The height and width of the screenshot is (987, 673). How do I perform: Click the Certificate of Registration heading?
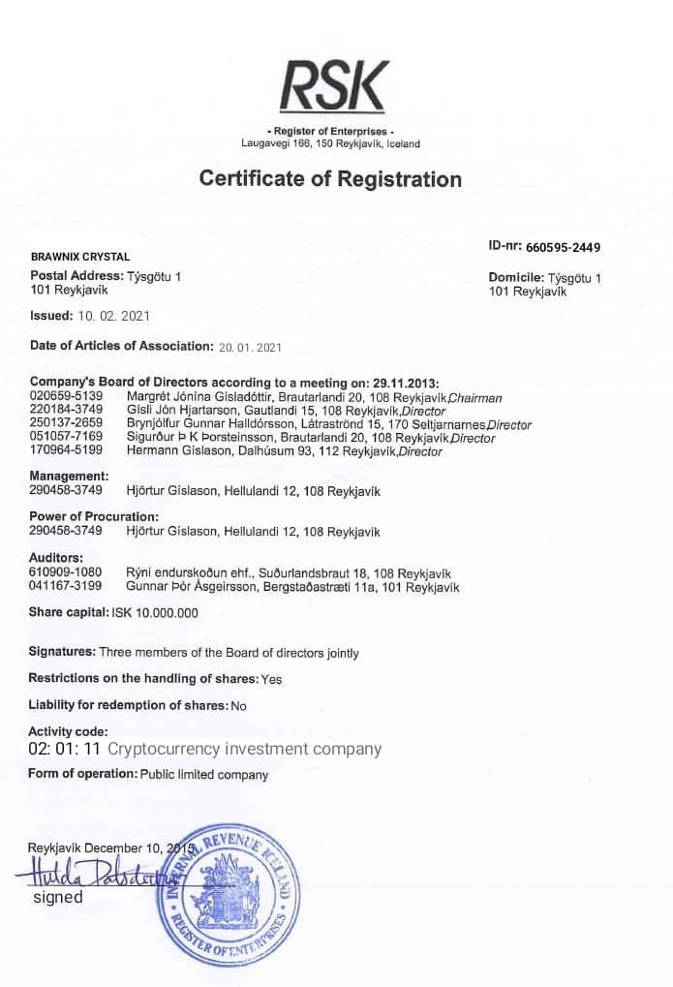(330, 179)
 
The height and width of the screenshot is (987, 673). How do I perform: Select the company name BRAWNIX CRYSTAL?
(80, 257)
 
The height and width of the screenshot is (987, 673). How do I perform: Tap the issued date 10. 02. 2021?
(113, 316)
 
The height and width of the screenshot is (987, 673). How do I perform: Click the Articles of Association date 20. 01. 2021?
(249, 346)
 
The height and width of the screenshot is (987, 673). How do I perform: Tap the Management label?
(69, 477)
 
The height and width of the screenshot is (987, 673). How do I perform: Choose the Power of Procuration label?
(94, 516)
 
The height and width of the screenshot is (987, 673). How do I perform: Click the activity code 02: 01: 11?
(65, 749)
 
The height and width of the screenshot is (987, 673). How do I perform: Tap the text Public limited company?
(204, 775)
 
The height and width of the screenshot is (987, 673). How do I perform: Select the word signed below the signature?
(58, 897)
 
